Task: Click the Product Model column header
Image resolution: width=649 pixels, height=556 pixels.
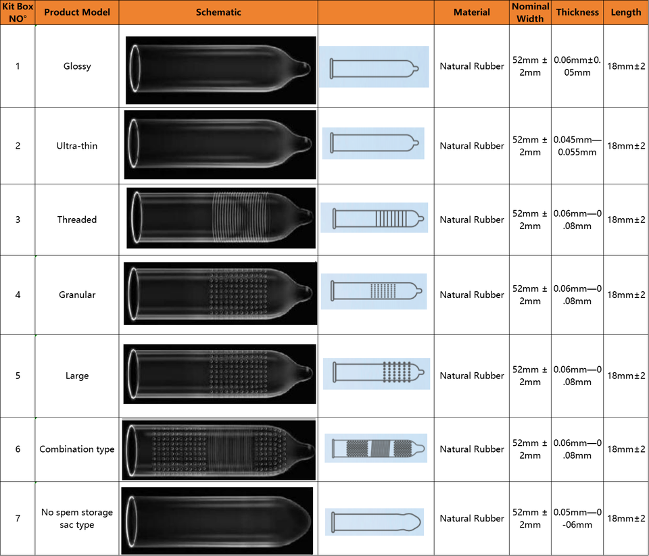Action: tap(77, 13)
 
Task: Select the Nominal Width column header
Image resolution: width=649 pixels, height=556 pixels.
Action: tap(530, 13)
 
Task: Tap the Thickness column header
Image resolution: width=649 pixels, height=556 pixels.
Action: tap(577, 12)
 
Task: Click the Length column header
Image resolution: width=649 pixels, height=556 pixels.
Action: tap(626, 12)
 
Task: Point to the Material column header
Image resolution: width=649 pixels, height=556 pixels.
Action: tap(472, 13)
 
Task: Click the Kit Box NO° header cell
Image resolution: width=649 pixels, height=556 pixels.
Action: tap(18, 13)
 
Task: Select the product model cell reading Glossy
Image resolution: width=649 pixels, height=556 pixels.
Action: tap(77, 66)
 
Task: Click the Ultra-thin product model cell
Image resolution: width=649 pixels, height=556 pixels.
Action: tap(77, 146)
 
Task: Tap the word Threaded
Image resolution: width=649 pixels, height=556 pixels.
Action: tap(77, 220)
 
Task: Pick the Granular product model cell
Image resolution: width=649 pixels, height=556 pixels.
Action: tap(77, 295)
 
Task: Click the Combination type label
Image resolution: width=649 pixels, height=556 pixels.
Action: tap(77, 449)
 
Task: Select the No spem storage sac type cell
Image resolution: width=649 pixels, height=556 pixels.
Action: tap(77, 518)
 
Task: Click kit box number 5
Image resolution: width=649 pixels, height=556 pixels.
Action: tap(18, 376)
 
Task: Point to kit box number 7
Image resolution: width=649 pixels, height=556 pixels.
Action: tap(18, 518)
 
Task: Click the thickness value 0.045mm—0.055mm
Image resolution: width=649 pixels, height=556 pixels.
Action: tap(577, 146)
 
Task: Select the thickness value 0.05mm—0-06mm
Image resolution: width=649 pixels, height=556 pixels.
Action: tap(577, 518)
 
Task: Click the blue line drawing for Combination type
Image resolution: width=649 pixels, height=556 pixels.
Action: tap(375, 448)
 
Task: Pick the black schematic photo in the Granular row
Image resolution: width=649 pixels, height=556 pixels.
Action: tap(220, 294)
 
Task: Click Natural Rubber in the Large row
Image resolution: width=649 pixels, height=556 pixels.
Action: tap(472, 376)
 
